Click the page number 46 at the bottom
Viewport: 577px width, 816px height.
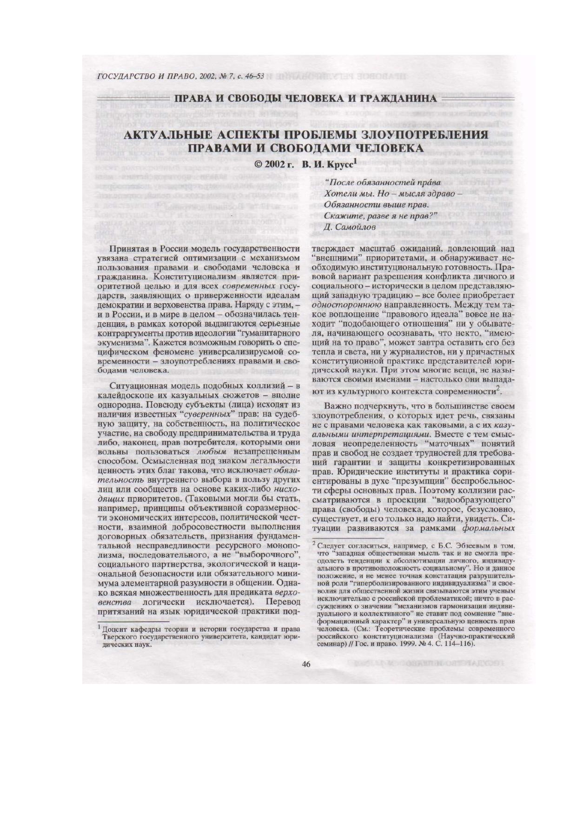click(306, 664)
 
